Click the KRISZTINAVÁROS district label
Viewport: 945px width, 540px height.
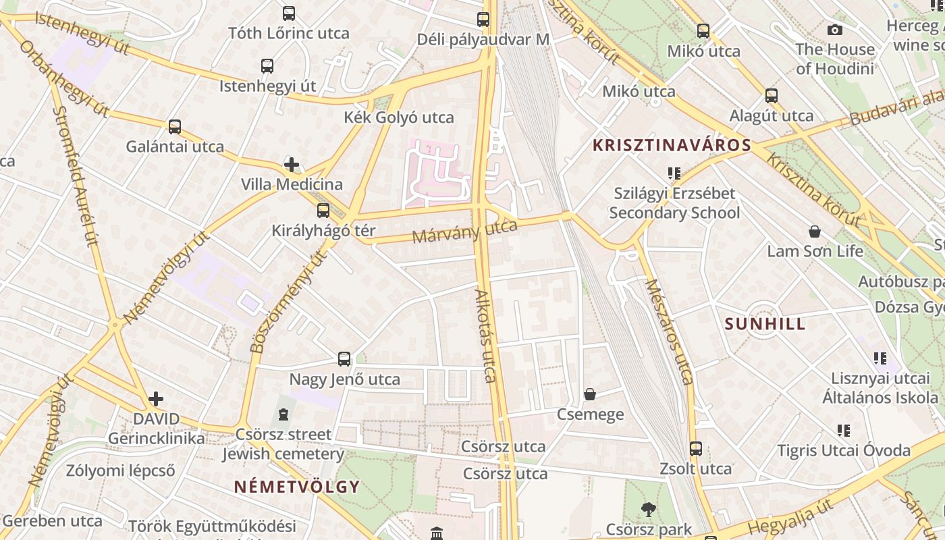click(x=672, y=145)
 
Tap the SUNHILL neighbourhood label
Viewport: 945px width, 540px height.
click(x=765, y=323)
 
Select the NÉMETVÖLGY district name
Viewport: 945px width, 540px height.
click(x=297, y=487)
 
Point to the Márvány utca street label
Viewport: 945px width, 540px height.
click(x=464, y=232)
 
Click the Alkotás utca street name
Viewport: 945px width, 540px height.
click(x=487, y=335)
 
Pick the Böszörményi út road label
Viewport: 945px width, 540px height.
click(x=288, y=302)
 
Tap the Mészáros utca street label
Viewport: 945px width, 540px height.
click(x=669, y=332)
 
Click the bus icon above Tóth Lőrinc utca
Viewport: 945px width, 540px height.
click(x=289, y=13)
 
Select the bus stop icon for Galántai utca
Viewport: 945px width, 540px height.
click(x=175, y=126)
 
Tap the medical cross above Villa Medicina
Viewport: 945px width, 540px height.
click(x=292, y=164)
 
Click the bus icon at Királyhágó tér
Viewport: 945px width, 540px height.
click(x=323, y=210)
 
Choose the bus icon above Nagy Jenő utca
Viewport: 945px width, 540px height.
click(x=344, y=358)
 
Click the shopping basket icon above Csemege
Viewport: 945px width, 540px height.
click(x=590, y=394)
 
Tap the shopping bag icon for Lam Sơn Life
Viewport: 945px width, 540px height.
click(x=815, y=232)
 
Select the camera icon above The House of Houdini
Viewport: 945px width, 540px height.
click(x=835, y=30)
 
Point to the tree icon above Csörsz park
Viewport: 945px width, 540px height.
click(x=649, y=509)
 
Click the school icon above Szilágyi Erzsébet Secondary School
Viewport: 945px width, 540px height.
click(x=674, y=173)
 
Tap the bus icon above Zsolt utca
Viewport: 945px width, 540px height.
click(x=695, y=448)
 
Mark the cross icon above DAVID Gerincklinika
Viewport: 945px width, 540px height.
click(x=156, y=399)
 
